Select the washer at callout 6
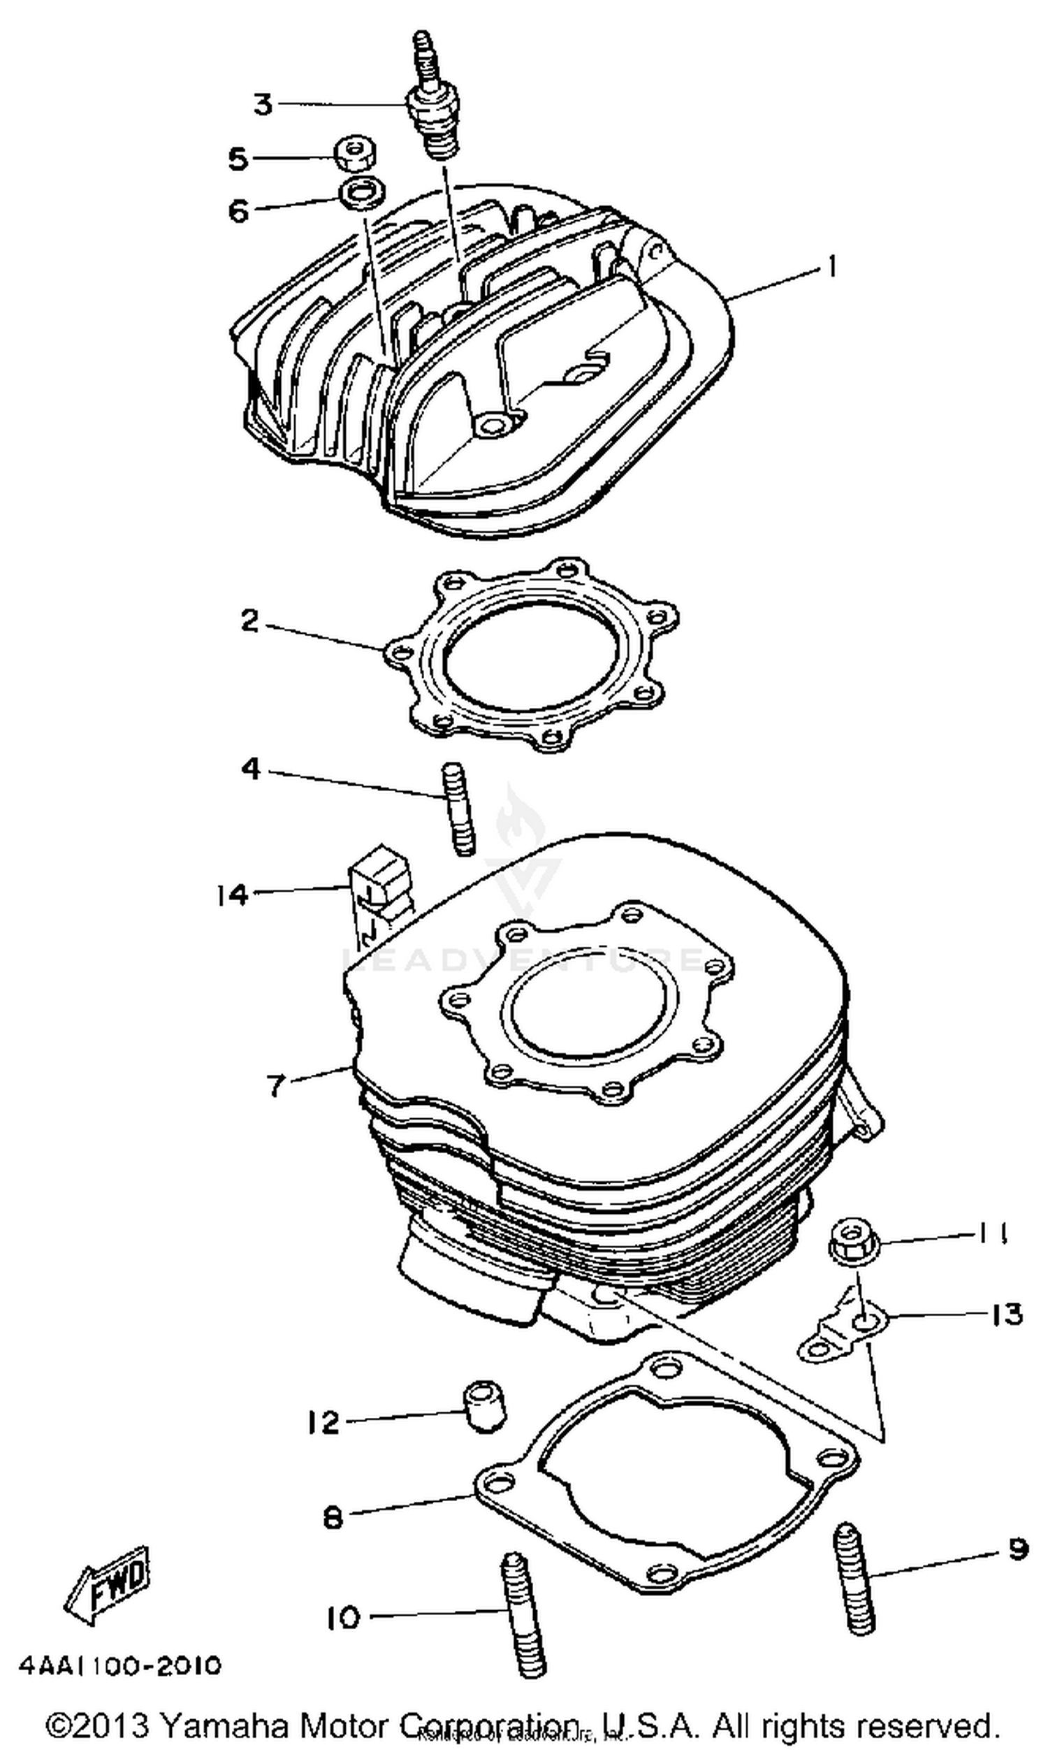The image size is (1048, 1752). coord(363,191)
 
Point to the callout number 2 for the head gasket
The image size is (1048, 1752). coord(250,621)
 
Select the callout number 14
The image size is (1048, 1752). coord(233,895)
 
